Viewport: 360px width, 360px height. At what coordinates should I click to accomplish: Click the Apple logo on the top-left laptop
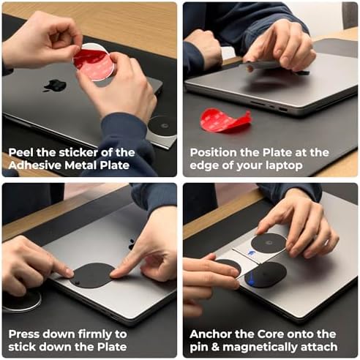click(55, 86)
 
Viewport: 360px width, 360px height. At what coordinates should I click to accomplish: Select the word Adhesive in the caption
click(35, 165)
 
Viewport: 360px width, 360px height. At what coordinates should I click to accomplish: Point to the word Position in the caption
click(213, 153)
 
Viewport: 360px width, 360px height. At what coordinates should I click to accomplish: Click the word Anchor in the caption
click(210, 334)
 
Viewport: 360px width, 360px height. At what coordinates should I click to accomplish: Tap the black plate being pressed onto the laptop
click(92, 275)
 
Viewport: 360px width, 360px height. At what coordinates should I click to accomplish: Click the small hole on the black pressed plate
click(78, 283)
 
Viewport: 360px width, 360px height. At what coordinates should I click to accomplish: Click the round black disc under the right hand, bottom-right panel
click(269, 243)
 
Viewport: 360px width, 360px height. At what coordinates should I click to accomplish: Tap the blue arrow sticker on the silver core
click(250, 252)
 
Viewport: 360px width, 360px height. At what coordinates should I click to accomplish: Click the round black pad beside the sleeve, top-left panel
click(162, 126)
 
